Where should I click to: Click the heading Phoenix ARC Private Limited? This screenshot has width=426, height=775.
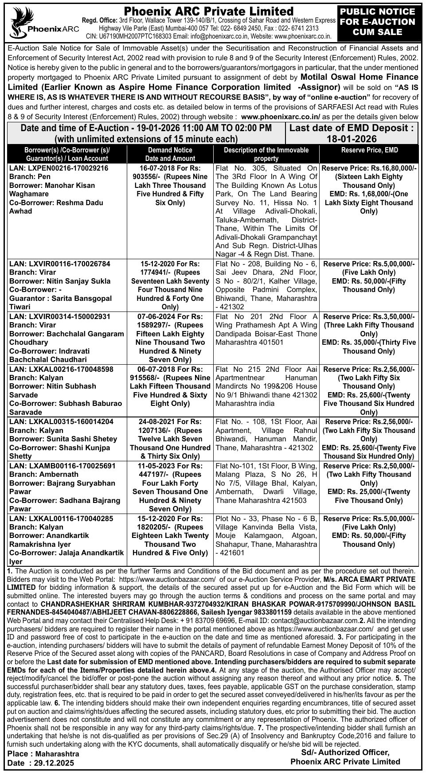pos(208,11)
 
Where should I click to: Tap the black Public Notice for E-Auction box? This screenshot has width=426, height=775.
pos(377,22)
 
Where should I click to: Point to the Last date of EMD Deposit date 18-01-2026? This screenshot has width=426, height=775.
pos(351,139)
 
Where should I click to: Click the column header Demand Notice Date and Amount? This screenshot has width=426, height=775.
pos(170,154)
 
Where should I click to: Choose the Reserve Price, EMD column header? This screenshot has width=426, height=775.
pos(369,150)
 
